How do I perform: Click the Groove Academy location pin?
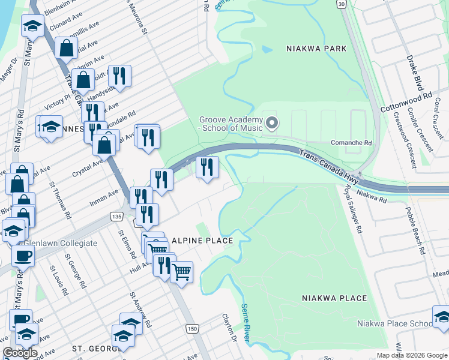click(x=272, y=124)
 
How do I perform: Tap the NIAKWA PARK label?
click(x=316, y=49)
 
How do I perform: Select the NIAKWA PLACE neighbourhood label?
click(x=334, y=298)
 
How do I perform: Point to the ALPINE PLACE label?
click(x=202, y=241)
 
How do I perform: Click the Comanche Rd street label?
click(x=352, y=143)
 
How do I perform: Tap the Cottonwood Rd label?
click(x=406, y=103)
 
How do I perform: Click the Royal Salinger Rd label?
click(x=352, y=209)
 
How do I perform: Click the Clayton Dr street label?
click(x=230, y=328)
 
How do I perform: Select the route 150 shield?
click(x=191, y=328)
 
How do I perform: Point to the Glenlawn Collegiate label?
click(x=60, y=243)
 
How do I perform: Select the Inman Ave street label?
click(x=105, y=196)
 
